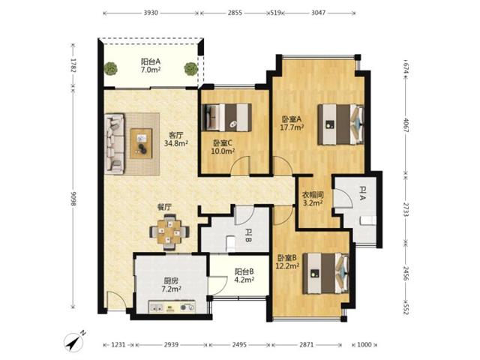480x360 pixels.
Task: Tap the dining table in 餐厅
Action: coord(169,232)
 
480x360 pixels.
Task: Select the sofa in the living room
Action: coord(114,144)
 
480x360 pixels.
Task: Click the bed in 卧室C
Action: coord(226,118)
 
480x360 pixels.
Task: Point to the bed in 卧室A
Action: coord(340,124)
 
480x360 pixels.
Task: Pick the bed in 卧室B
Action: coord(326,273)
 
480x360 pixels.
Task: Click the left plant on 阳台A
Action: coord(110,68)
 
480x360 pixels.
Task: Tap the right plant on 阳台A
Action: coord(190,68)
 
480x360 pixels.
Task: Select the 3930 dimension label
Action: coord(151,13)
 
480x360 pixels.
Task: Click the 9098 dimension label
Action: coord(73,199)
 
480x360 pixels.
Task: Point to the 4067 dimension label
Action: coord(406,125)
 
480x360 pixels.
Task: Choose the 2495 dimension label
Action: coord(239,345)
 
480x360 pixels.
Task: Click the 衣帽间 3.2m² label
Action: coord(313,198)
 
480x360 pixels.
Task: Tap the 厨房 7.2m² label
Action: coord(171,285)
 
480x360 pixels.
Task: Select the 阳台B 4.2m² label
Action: coord(244,275)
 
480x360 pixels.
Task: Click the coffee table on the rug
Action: coord(141,143)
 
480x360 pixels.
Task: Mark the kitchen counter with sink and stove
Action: coord(172,307)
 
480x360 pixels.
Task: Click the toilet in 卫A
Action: coord(368,220)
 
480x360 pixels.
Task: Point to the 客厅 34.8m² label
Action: coord(176,139)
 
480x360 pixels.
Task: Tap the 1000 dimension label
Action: coord(364,345)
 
